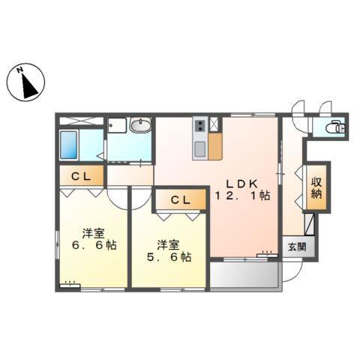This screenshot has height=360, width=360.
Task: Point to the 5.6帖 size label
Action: pos(168,256)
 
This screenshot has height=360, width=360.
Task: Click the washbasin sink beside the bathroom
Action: pos(139,126)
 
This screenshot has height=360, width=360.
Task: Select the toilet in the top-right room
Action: pos(335,127)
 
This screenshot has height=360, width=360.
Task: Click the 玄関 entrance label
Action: pos(295,246)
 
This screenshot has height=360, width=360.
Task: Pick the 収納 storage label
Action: pos(316,187)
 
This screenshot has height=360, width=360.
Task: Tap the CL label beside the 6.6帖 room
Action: pos(81,177)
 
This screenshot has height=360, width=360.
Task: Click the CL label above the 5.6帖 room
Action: pos(180,200)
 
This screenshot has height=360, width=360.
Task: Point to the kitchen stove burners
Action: pos(200,126)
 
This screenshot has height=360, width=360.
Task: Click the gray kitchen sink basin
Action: pos(200,148)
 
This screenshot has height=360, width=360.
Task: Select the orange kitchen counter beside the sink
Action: pos(215,146)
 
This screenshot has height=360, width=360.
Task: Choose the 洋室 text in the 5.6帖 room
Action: pos(168,244)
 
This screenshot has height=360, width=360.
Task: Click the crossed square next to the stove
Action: pos(216,124)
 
